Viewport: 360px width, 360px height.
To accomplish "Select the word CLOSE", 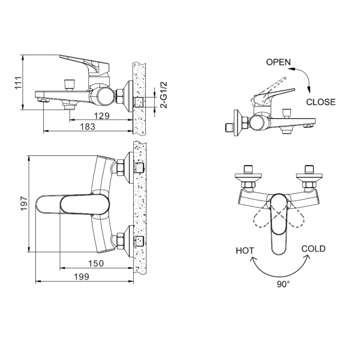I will coord(321,102).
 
